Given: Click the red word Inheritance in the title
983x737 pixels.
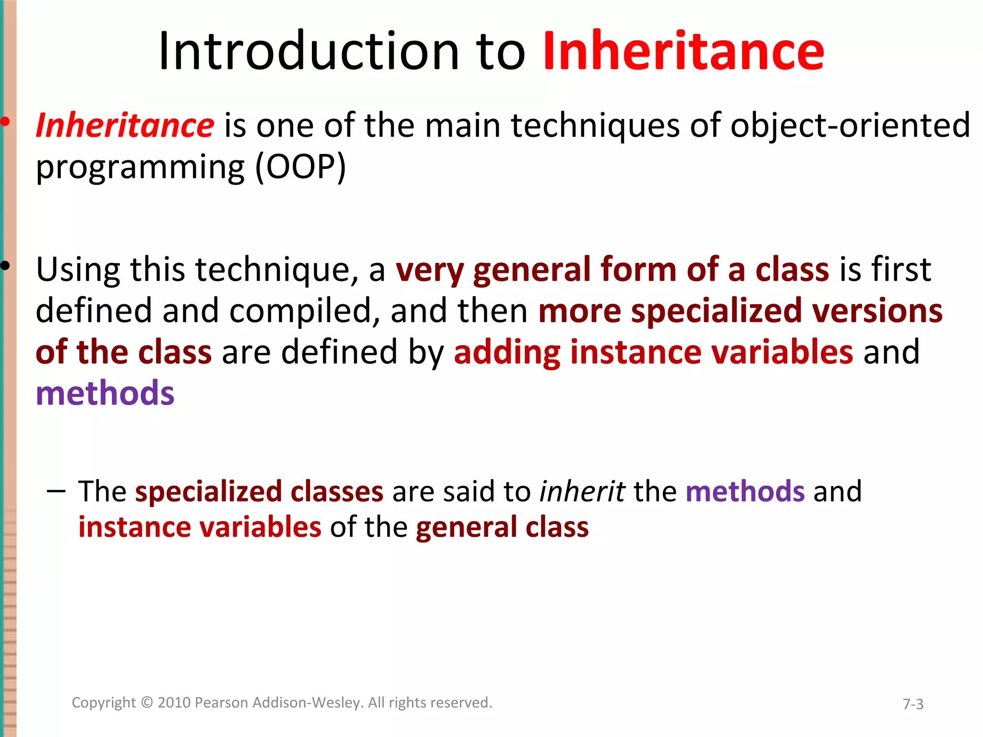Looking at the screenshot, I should click(683, 51).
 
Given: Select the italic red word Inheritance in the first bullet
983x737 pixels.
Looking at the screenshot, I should click(125, 126).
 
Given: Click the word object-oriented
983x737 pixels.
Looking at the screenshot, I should click(850, 126).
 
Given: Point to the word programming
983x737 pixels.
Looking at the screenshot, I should click(141, 168).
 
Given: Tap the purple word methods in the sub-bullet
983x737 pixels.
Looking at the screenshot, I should click(745, 491).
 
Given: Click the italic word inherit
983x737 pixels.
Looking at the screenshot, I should click(582, 491).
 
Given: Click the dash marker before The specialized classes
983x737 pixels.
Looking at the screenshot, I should click(56, 491).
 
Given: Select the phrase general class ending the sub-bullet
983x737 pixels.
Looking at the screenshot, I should click(502, 527).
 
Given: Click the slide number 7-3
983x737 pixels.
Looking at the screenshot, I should click(913, 704).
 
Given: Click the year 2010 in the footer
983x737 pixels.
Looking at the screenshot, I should click(175, 702).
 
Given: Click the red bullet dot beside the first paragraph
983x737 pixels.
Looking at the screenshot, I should click(5, 122).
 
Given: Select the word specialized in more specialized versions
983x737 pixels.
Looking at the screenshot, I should click(716, 311).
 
